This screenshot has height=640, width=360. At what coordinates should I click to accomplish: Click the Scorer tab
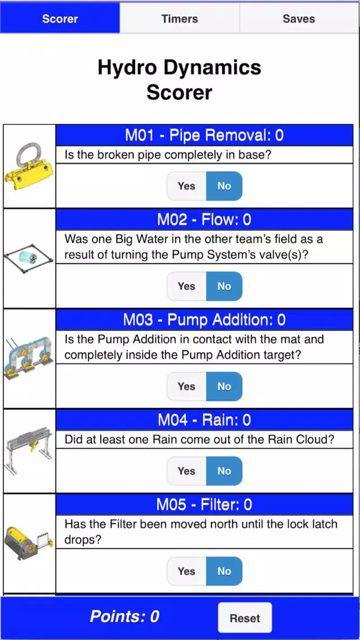[x=60, y=19]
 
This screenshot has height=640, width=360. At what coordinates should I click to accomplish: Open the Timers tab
[x=180, y=19]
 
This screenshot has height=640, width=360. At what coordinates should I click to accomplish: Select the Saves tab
[x=299, y=19]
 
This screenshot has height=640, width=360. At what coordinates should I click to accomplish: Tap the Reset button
[x=245, y=618]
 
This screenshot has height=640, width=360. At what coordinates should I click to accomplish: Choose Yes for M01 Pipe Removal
[x=186, y=186]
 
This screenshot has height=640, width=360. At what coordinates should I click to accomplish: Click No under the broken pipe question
[x=224, y=186]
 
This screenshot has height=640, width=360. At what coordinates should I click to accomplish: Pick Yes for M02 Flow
[x=186, y=286]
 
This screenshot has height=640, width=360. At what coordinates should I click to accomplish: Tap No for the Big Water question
[x=224, y=286]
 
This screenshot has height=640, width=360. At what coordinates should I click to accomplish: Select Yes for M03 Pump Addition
[x=186, y=386]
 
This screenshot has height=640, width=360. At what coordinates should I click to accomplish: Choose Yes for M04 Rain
[x=186, y=470]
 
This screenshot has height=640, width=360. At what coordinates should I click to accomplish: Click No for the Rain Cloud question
[x=224, y=470]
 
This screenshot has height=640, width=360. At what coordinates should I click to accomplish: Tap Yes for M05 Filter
[x=186, y=571]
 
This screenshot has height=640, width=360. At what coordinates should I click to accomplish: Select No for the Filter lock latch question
[x=224, y=571]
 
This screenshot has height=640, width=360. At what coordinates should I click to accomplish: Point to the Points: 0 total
[x=125, y=616]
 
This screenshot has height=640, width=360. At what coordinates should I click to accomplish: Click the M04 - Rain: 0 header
[x=205, y=420]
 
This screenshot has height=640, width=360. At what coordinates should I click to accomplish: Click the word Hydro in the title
[x=131, y=68]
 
